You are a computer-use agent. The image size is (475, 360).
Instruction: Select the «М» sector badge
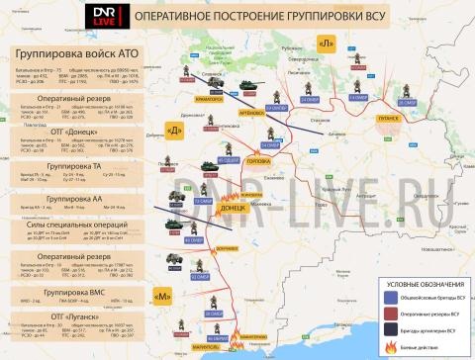point(164,294)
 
